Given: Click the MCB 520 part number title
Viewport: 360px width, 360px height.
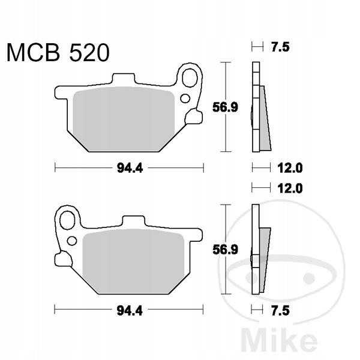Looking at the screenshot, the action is click(58, 53).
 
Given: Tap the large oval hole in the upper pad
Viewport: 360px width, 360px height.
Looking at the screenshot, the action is click(190, 78).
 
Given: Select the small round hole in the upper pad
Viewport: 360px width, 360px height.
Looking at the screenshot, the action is click(185, 98).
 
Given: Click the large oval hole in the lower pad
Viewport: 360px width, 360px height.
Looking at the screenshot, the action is click(67, 220).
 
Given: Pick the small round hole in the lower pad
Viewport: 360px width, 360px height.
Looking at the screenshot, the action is click(72, 241).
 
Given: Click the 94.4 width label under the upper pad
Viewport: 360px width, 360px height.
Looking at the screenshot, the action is click(130, 168).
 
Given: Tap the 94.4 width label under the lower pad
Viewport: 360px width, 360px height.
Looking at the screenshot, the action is click(130, 311).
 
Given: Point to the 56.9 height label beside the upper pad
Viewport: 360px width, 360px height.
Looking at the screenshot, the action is click(225, 107).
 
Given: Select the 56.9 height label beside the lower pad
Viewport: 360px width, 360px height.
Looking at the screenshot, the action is click(226, 250).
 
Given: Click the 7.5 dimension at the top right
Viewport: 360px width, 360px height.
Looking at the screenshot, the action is click(280, 47).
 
